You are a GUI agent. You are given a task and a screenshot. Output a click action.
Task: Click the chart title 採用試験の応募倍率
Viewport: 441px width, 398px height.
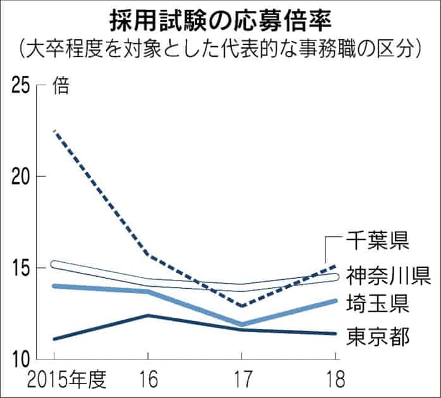(x=220, y=18)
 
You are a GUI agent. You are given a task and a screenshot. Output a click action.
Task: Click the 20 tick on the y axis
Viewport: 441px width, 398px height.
(x=22, y=176)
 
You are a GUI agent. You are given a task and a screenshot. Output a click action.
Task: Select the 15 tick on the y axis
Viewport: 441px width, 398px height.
(x=22, y=268)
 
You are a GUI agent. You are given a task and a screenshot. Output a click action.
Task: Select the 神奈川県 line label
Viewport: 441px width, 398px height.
(x=390, y=275)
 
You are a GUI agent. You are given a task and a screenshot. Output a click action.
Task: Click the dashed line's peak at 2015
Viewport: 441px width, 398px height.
(x=55, y=131)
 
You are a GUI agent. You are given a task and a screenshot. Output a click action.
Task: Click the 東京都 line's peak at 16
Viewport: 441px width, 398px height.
(x=148, y=315)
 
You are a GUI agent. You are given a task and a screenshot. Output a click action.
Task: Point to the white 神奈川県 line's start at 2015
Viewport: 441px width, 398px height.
(x=55, y=264)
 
